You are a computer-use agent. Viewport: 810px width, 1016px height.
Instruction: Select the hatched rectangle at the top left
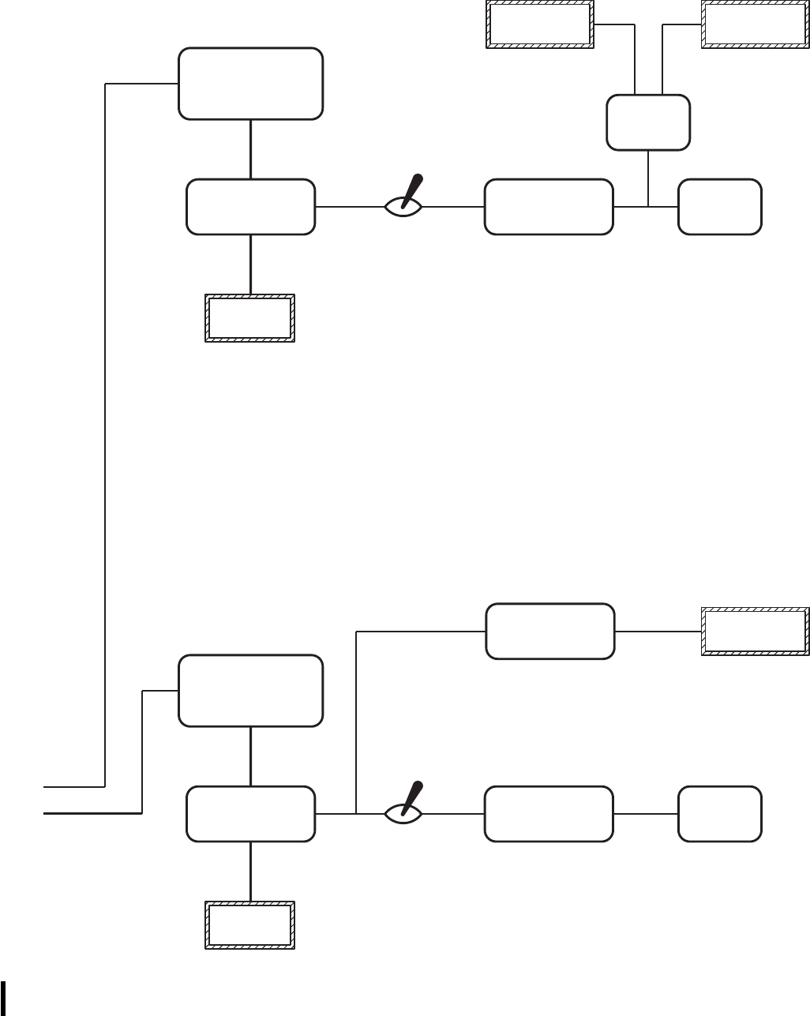[x=539, y=24]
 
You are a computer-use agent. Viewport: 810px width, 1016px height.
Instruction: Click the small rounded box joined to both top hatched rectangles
[x=648, y=122]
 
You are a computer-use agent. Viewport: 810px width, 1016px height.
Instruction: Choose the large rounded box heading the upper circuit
[x=251, y=84]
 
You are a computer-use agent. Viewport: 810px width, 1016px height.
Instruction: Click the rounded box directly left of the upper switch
[x=251, y=207]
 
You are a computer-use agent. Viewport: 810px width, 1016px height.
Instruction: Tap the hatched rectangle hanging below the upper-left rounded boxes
[x=250, y=318]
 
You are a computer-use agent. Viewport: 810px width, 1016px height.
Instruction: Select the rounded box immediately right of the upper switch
[x=549, y=207]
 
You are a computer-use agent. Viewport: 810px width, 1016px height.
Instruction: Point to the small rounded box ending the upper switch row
[x=720, y=207]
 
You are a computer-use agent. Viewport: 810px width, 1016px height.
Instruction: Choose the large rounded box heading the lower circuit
[x=251, y=690]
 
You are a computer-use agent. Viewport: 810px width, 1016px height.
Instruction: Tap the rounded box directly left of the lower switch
[x=250, y=813]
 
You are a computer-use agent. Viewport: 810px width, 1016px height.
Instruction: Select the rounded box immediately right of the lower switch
[x=549, y=813]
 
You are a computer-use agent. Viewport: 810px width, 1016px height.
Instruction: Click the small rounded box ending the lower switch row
[x=720, y=813]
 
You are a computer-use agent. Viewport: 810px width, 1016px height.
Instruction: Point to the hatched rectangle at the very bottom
[x=250, y=925]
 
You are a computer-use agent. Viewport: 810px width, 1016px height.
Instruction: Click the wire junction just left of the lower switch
[x=357, y=813]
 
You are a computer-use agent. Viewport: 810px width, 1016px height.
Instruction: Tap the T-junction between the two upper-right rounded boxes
[x=648, y=207]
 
